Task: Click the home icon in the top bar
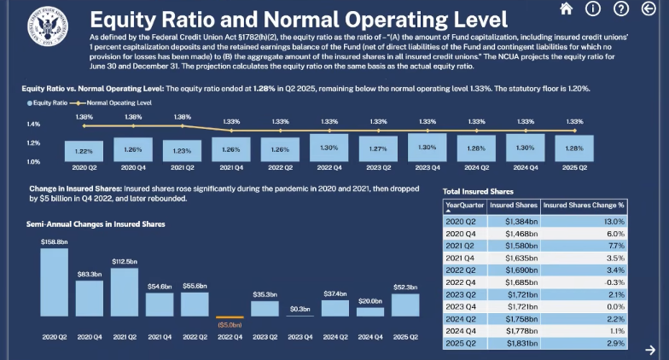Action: point(565,9)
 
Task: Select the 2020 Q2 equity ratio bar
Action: point(84,150)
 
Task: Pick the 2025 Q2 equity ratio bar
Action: point(573,148)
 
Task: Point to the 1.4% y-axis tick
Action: point(33,125)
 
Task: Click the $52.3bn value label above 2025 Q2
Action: point(405,287)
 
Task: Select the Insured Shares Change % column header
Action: point(585,206)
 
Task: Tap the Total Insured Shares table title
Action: point(478,191)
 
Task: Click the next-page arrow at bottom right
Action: point(650,349)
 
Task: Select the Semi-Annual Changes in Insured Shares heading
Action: point(95,224)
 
